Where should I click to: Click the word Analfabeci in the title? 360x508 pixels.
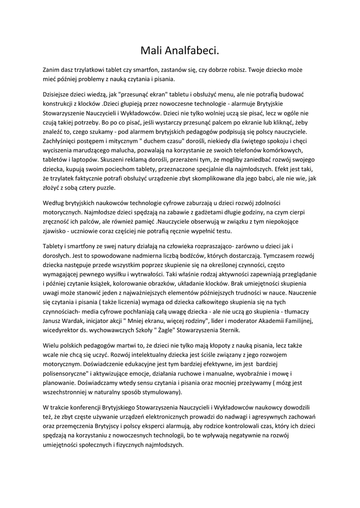click(x=192, y=51)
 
